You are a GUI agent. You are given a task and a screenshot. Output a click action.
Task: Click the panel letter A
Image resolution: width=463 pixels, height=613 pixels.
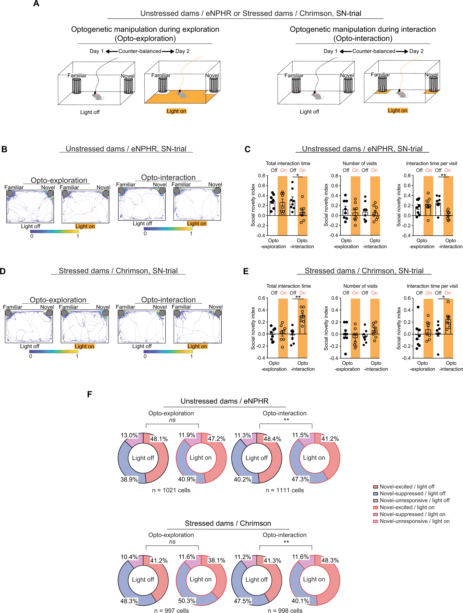click(36, 4)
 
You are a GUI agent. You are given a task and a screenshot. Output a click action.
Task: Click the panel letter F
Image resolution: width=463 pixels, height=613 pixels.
click(89, 394)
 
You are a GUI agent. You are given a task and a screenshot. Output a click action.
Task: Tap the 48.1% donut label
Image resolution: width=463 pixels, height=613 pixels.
click(159, 439)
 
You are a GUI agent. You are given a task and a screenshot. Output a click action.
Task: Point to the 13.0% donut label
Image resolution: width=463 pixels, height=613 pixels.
click(129, 435)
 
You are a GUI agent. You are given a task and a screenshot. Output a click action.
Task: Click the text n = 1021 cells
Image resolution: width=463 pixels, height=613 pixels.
click(171, 490)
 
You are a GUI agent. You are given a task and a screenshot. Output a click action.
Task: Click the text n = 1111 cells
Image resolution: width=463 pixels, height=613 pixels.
click(285, 490)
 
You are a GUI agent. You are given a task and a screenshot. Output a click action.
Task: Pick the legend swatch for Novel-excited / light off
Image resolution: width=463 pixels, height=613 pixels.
click(376, 487)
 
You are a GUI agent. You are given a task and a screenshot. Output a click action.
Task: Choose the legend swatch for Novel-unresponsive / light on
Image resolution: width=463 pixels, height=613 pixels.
click(376, 521)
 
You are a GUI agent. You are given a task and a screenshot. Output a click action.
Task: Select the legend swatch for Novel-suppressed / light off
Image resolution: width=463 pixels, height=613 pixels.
click(376, 494)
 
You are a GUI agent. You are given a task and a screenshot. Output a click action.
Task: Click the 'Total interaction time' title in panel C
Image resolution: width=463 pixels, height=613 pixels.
click(288, 164)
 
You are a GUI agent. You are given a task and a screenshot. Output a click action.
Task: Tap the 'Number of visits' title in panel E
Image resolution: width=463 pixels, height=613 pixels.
click(360, 286)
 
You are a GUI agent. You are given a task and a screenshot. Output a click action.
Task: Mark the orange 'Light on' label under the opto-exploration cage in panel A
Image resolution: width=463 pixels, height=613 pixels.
click(176, 111)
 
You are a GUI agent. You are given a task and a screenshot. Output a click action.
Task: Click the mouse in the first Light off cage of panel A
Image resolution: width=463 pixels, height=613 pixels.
click(97, 96)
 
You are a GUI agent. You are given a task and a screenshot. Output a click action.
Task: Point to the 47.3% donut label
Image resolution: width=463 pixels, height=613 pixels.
click(300, 479)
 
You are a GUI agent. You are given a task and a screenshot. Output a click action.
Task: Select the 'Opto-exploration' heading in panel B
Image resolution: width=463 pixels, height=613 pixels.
click(59, 180)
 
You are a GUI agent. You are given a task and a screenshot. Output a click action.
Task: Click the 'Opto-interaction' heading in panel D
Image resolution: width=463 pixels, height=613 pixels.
click(168, 300)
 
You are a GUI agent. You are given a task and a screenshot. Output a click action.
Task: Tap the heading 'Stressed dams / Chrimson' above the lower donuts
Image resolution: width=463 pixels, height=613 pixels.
click(228, 523)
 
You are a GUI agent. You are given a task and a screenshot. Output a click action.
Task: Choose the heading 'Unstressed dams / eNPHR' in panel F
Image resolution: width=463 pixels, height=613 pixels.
click(224, 401)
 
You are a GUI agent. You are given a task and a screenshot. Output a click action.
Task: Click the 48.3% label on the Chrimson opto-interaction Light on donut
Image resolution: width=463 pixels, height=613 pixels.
click(330, 560)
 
